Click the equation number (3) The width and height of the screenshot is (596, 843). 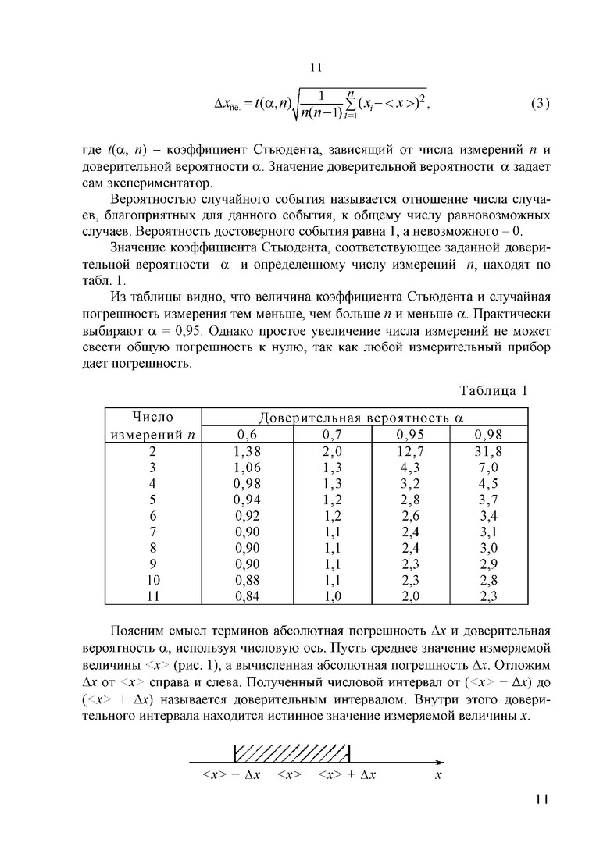coord(541,104)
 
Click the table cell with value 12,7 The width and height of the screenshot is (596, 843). coord(410,450)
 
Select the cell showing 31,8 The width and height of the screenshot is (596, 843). coord(488,450)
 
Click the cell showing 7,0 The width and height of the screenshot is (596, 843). coord(488,467)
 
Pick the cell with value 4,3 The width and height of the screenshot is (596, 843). coord(410,467)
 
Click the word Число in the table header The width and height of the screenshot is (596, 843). coord(153,417)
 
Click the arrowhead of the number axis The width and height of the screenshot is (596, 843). coord(439,761)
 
